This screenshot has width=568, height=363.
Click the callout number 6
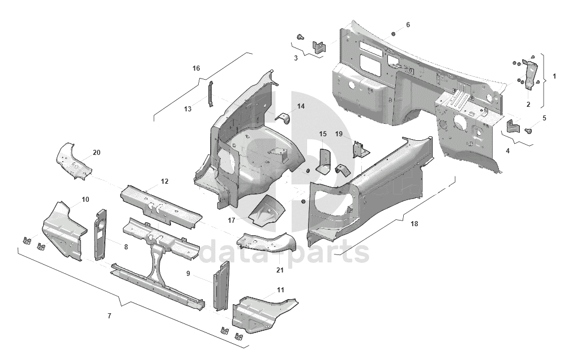[x=408, y=25]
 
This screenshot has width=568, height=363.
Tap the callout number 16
[x=196, y=68]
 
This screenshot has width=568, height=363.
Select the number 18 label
[x=414, y=224]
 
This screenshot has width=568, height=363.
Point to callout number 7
[x=109, y=316]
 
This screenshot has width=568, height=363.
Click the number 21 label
[x=280, y=270]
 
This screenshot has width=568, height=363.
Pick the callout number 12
[x=165, y=181]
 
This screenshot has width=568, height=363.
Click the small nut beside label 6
[x=393, y=34]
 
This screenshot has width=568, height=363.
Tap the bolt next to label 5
[x=528, y=131]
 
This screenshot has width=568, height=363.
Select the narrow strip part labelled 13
[x=210, y=94]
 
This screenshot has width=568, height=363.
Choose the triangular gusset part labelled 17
[x=266, y=210]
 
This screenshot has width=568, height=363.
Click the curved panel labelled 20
[x=74, y=161]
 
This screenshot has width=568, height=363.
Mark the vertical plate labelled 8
[x=101, y=234]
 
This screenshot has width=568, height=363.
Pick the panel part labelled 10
[x=65, y=231]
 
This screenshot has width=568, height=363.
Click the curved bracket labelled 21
[x=266, y=242]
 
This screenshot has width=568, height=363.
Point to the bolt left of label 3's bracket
[x=300, y=37]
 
